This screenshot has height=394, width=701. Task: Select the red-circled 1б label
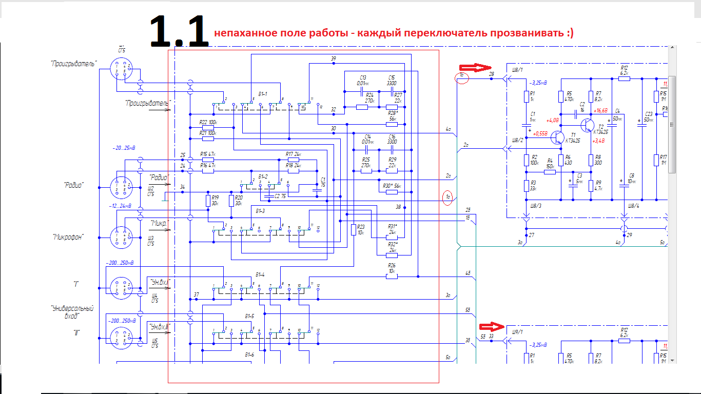coord(462,77)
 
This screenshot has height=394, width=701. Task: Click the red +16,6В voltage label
coord(600,110)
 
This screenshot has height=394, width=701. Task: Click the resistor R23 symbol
coord(354,229)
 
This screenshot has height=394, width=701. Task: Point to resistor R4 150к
coord(550,172)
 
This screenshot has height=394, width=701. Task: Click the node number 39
coord(334,60)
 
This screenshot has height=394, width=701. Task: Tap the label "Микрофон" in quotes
coord(68,237)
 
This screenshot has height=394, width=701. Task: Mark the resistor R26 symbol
coord(392,277)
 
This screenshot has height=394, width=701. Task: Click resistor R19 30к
coord(208,200)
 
